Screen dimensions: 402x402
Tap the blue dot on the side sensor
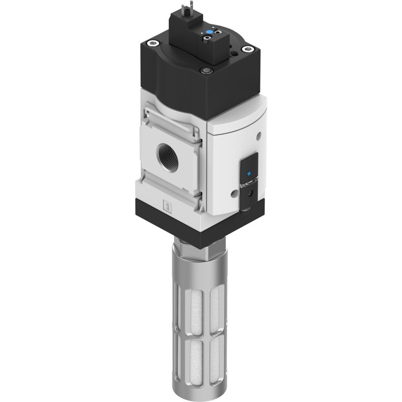point(248,174)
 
